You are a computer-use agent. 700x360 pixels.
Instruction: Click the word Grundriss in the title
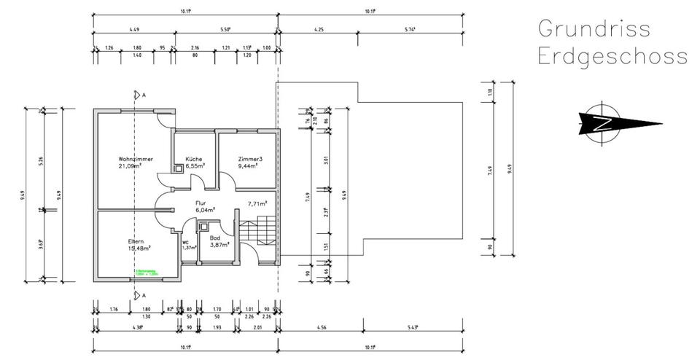click(592, 29)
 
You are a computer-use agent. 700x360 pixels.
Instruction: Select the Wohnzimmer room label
click(136, 159)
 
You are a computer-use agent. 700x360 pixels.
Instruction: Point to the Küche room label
click(193, 159)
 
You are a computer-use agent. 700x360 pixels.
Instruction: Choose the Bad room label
click(214, 238)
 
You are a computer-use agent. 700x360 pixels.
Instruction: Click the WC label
click(186, 242)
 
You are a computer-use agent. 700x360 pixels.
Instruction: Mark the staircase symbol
click(262, 232)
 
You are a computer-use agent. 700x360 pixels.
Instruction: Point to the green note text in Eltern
click(146, 273)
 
